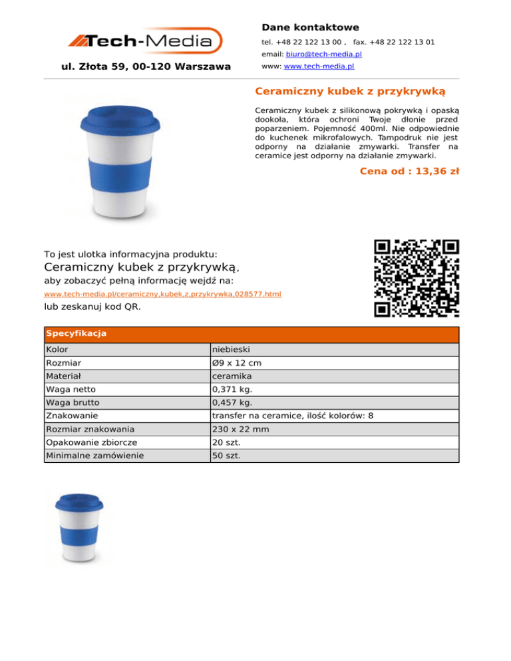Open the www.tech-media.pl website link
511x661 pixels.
point(318,67)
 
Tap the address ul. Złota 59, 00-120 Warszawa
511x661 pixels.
point(146,66)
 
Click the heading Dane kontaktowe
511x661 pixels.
point(310,27)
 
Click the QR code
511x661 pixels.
point(417,278)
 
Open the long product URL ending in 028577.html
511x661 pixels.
point(162,294)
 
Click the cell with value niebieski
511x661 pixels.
point(232,349)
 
